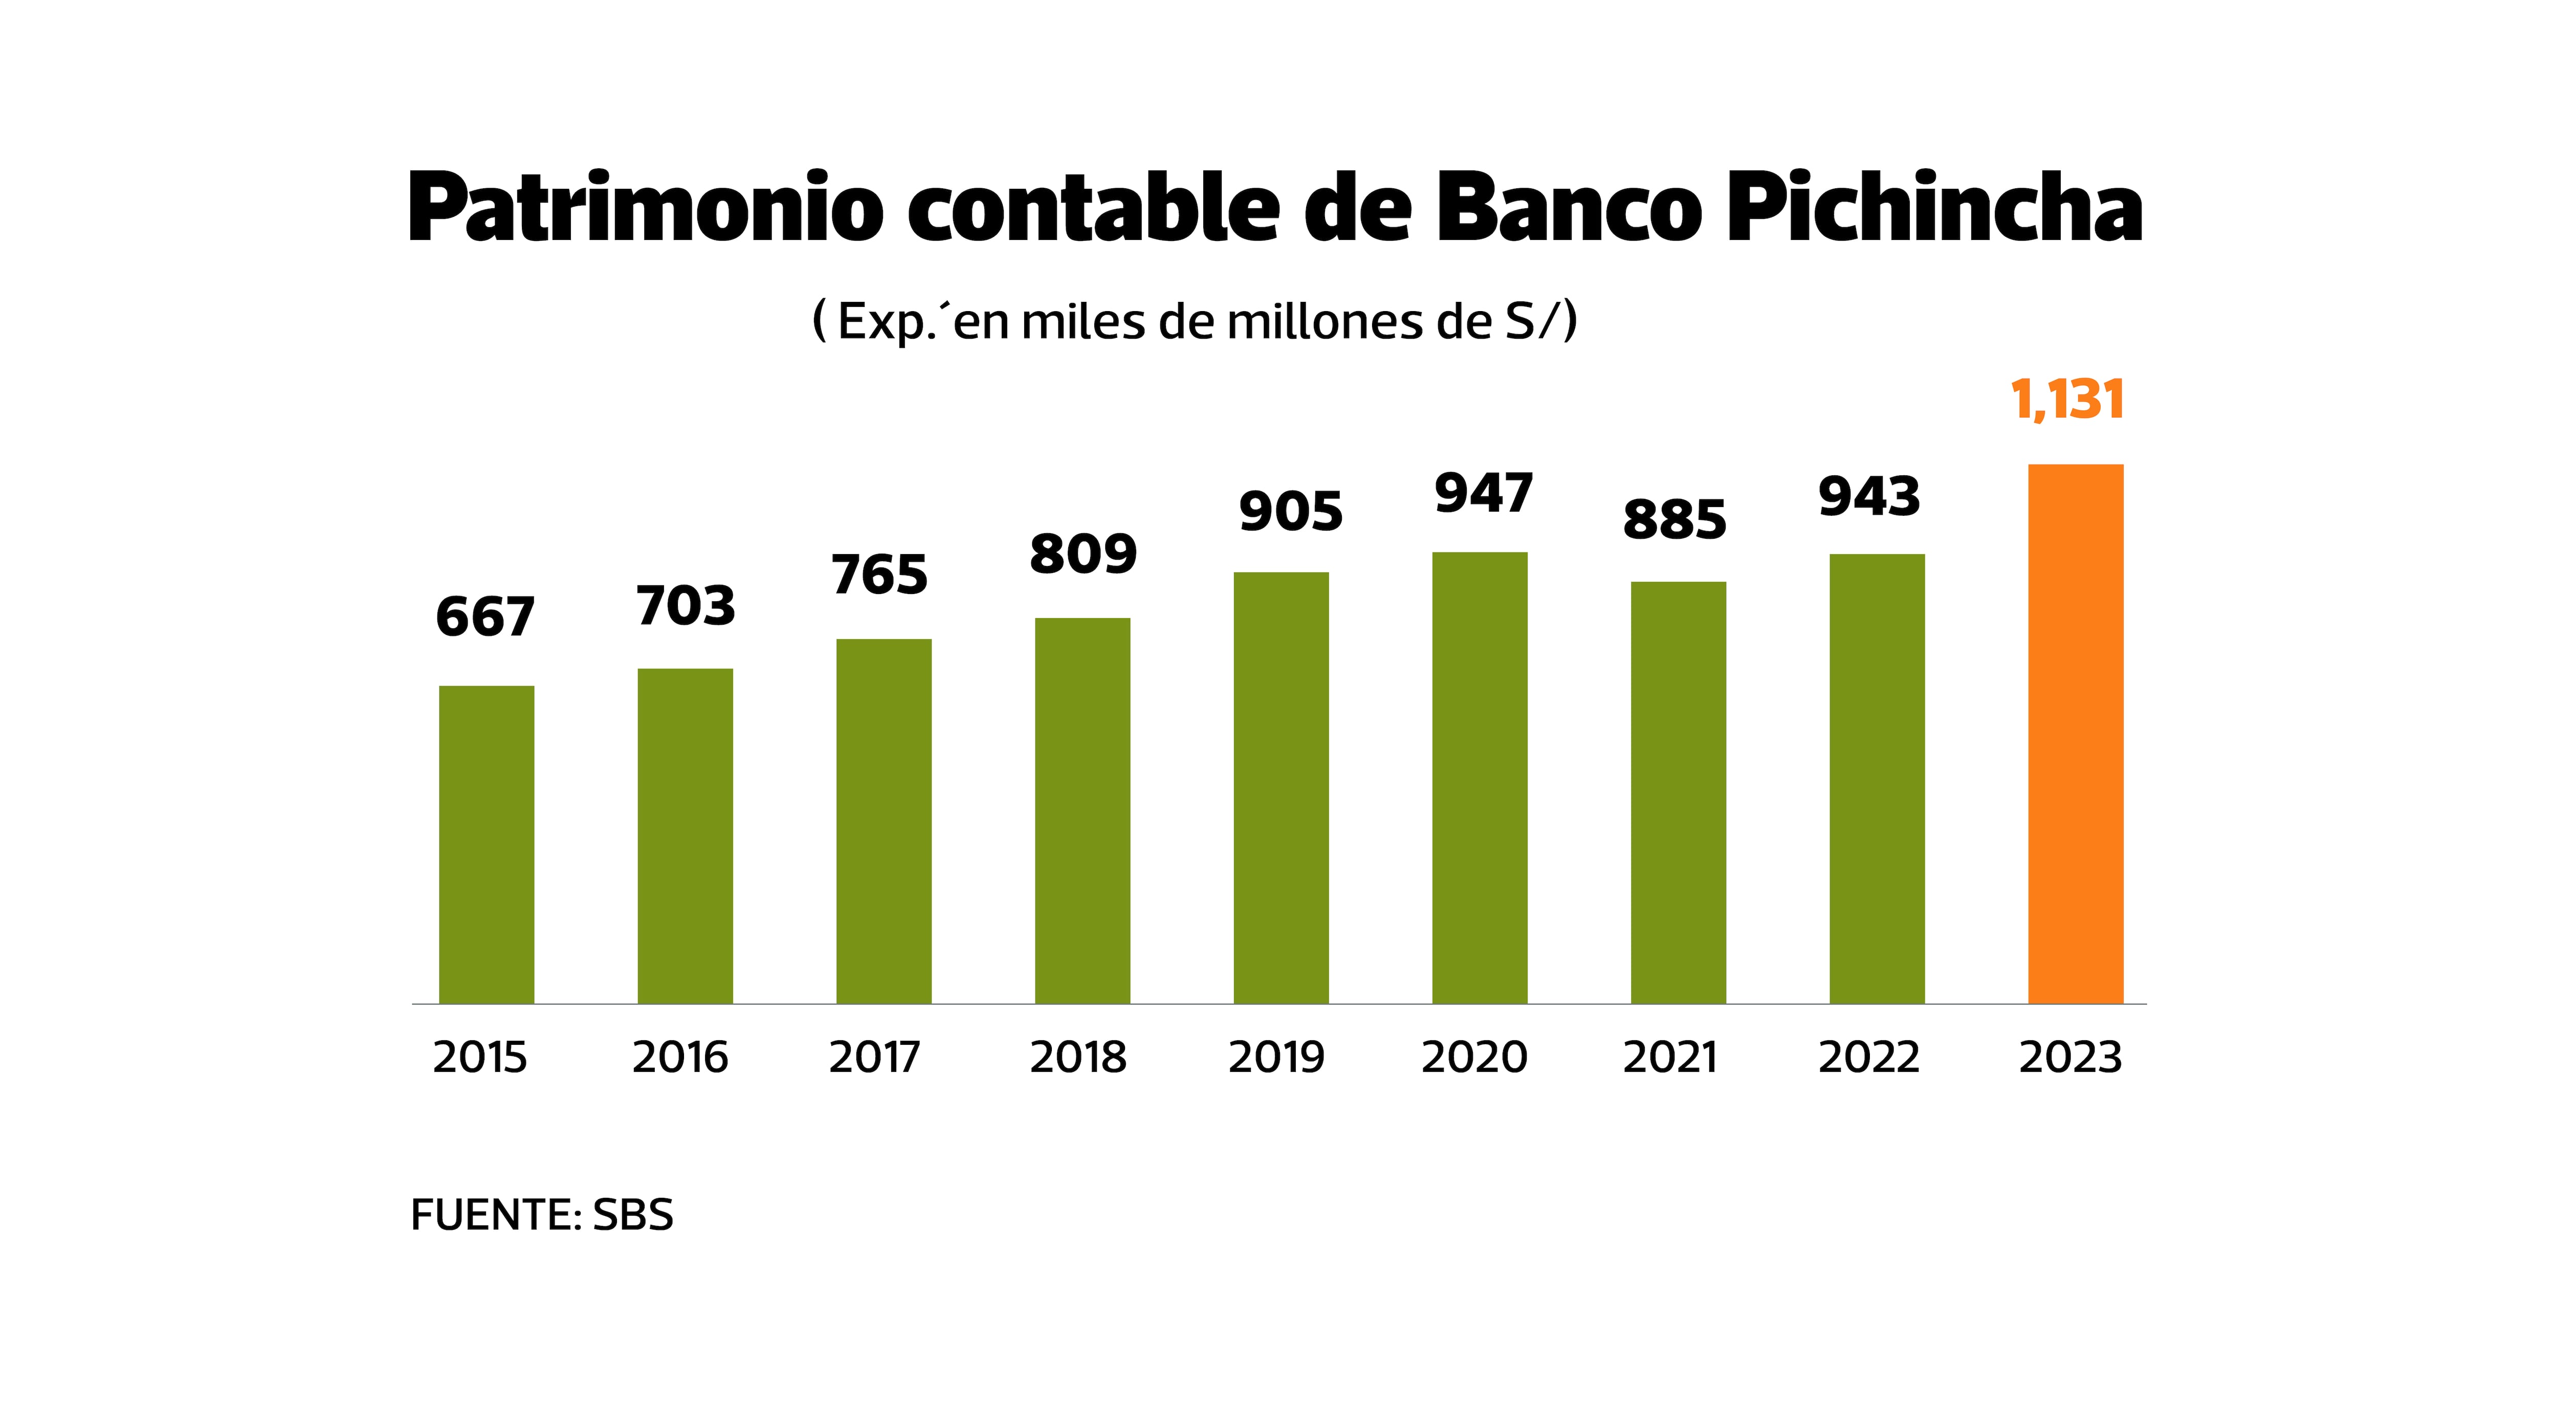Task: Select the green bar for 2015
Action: click(x=487, y=844)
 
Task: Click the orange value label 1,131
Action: click(x=2067, y=400)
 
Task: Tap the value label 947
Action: click(x=1484, y=494)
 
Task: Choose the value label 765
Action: click(x=880, y=575)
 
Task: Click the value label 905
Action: click(x=1290, y=512)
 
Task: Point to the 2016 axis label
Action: click(x=680, y=1058)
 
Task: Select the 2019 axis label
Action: click(x=1276, y=1058)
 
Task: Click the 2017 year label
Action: click(x=875, y=1058)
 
